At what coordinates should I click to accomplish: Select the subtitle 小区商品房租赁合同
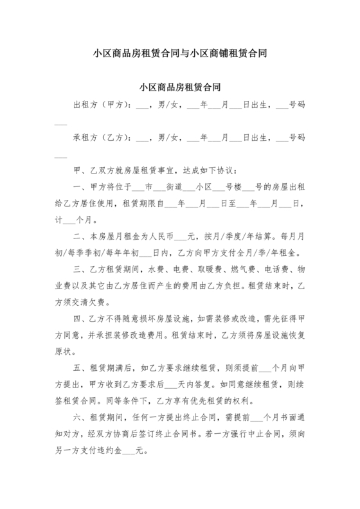point(179,86)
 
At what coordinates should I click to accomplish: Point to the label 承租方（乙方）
point(103,138)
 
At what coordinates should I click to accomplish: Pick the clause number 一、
point(80,188)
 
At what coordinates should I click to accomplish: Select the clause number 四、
point(80,319)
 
